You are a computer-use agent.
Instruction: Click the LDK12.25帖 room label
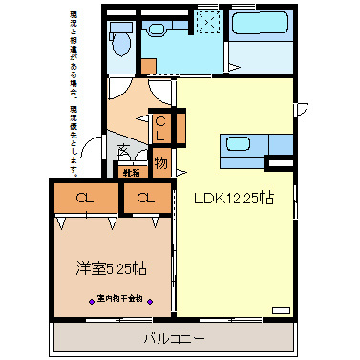click(x=234, y=199)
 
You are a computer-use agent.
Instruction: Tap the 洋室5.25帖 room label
click(x=112, y=268)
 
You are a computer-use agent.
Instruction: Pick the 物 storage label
click(x=160, y=163)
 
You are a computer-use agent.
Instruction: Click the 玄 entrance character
click(x=124, y=150)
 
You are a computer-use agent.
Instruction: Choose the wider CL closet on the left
click(x=85, y=199)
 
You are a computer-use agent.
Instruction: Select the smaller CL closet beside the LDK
click(x=145, y=199)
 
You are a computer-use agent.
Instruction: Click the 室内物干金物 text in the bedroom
click(x=119, y=298)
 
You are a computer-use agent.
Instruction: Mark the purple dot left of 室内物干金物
click(x=92, y=298)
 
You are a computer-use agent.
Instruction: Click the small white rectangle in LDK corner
click(x=280, y=310)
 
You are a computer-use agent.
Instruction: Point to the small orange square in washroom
click(x=148, y=65)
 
